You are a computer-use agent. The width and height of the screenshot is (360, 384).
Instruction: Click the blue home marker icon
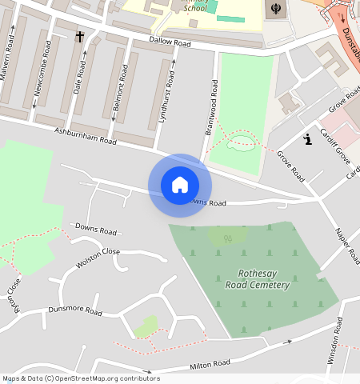tap(180, 185)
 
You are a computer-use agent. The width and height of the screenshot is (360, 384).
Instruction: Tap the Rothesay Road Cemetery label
tap(257, 279)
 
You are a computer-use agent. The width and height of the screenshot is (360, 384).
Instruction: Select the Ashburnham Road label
tap(86, 135)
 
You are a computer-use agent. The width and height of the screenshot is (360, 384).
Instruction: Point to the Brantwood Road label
tap(214, 107)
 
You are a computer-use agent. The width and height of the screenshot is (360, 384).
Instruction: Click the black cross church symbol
tap(79, 37)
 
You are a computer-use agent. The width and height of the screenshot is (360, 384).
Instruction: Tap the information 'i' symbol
tap(307, 140)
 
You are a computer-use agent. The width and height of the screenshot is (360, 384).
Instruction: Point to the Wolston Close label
tap(98, 258)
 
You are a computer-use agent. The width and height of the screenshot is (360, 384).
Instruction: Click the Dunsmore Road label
tap(75, 310)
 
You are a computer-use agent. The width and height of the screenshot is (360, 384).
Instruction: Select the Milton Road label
tap(210, 364)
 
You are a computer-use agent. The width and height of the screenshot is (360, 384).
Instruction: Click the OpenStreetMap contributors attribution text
tap(80, 378)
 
